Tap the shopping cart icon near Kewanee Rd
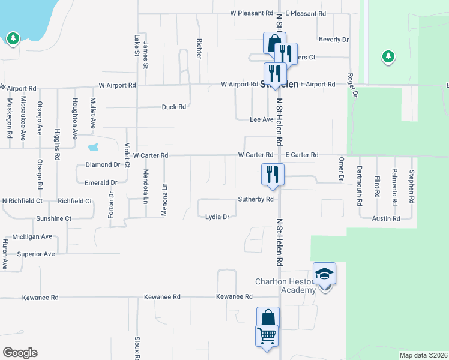[267, 335]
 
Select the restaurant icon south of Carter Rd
[273, 174]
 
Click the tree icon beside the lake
[13, 39]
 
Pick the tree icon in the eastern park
[388, 56]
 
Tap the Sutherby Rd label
[256, 199]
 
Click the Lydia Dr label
[217, 217]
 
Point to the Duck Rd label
[174, 107]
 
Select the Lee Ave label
[261, 120]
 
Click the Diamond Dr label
[103, 164]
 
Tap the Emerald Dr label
[101, 182]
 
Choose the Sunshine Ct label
[53, 219]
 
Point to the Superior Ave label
[36, 254]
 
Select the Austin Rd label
[385, 219]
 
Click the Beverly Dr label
[334, 40]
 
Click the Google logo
[20, 353]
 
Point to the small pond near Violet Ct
[93, 146]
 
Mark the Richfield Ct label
[75, 201]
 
